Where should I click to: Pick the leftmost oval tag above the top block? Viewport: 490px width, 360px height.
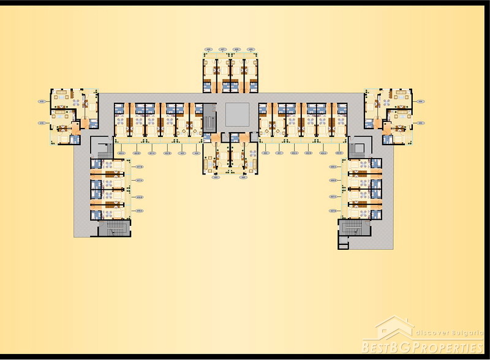click(x=209, y=48)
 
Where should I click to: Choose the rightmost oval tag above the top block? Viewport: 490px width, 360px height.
click(x=250, y=48)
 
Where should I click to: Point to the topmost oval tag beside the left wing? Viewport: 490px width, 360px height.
click(x=140, y=166)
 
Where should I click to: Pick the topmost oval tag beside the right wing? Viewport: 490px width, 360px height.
click(x=333, y=166)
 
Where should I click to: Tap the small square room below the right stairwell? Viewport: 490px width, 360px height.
click(x=343, y=246)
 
